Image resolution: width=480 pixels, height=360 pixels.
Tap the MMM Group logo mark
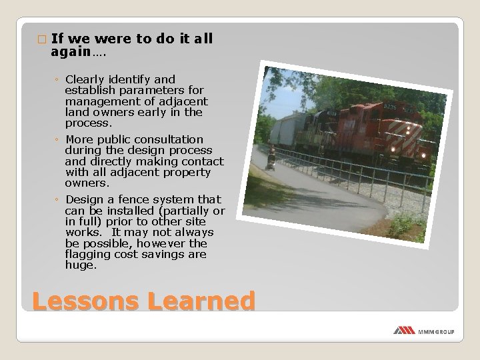(404, 330)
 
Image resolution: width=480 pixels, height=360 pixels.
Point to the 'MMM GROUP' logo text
(436, 331)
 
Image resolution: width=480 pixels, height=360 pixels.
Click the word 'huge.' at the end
(81, 265)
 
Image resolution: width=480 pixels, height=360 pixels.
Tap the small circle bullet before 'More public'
(58, 140)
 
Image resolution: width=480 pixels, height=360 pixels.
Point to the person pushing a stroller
(271, 161)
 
